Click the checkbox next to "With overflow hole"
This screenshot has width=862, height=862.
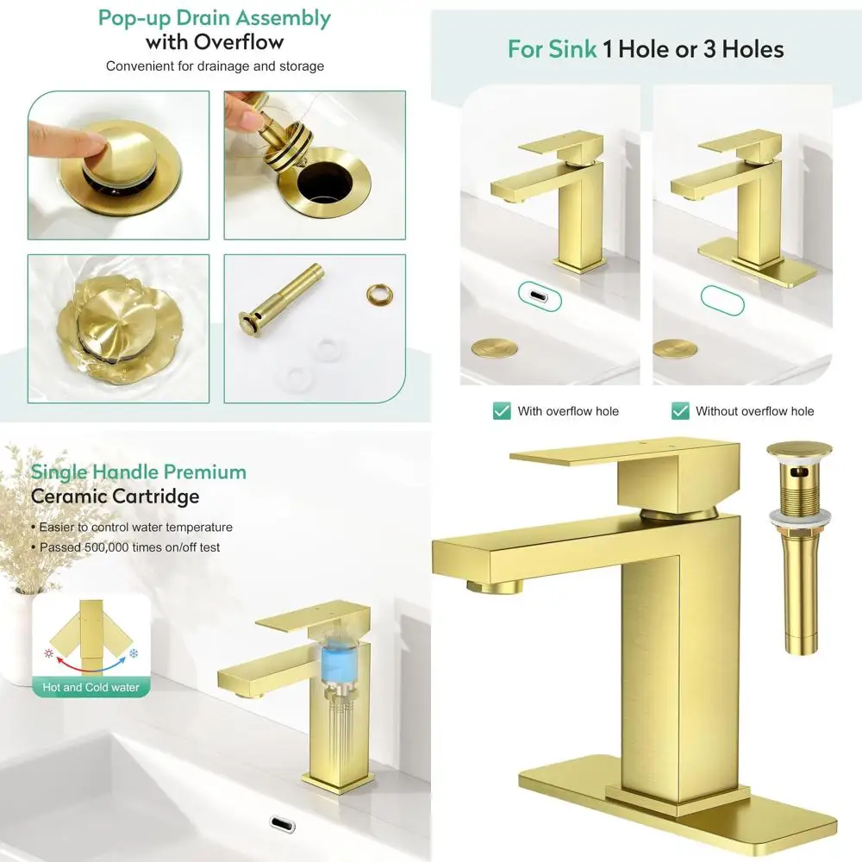(502, 411)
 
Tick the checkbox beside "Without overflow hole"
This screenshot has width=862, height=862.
(680, 411)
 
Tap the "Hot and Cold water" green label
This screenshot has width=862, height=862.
(91, 687)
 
